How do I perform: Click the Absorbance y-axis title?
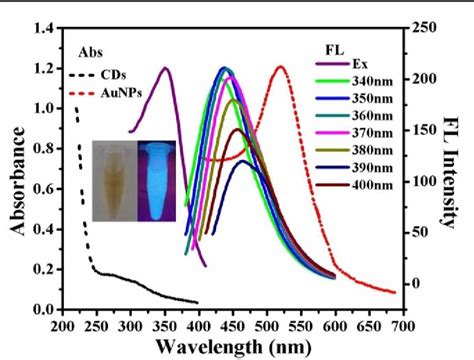pos(19,169)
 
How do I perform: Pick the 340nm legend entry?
pos(373,81)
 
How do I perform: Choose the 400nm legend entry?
pos(373,184)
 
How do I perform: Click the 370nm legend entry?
pos(373,132)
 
